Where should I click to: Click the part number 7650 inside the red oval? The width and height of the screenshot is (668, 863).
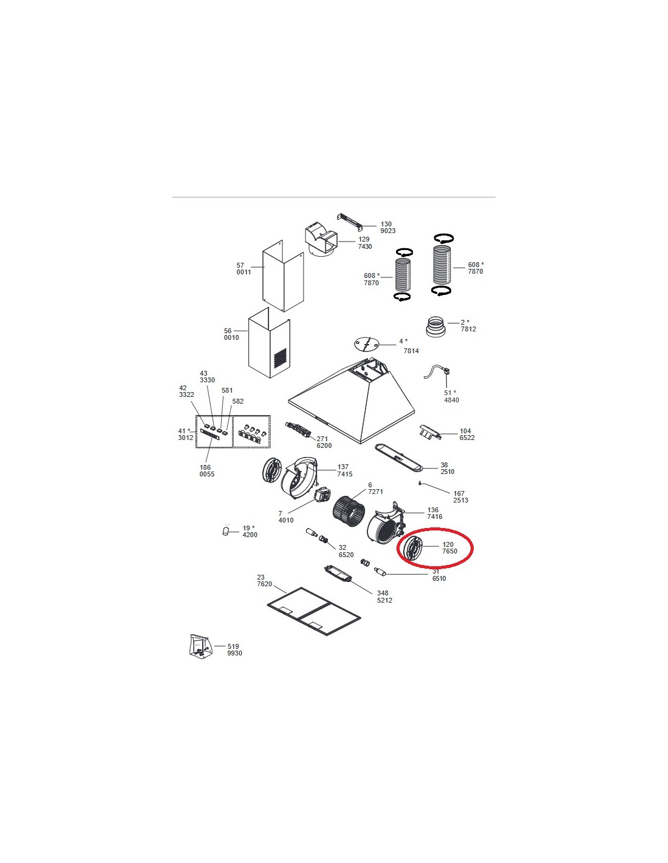(449, 551)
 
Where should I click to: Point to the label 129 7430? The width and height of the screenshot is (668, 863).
(365, 243)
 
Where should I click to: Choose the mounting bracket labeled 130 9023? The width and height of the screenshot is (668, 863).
(350, 222)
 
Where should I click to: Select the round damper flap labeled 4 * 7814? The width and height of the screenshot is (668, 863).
(366, 344)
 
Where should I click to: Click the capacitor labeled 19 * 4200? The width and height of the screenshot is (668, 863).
(227, 530)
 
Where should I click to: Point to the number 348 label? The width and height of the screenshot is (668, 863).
(383, 593)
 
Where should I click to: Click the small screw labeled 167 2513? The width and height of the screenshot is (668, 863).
(420, 482)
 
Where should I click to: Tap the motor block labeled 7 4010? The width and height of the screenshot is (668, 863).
(322, 496)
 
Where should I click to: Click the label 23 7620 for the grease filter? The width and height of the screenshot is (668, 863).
(264, 581)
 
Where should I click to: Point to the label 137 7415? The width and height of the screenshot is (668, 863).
(344, 470)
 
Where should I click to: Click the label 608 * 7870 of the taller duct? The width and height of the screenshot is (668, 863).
(475, 268)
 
